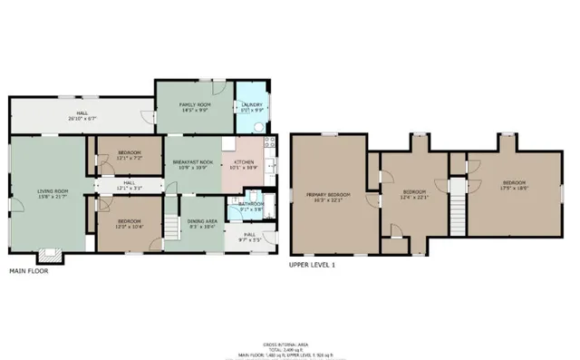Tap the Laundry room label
point(252,104)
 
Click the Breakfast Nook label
point(192,161)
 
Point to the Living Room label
point(51,190)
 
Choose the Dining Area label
point(200,220)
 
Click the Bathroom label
point(251,203)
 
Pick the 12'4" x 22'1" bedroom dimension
point(414,196)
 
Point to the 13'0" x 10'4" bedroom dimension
point(129,224)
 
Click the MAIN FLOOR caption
point(29,271)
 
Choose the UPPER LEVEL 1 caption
point(312,266)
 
